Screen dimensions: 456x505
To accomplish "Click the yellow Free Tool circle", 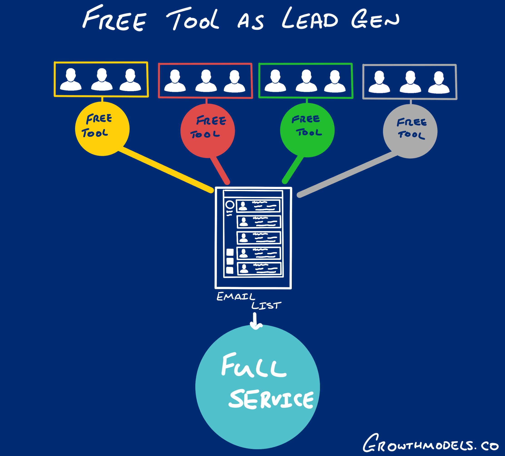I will pyautogui.click(x=102, y=129).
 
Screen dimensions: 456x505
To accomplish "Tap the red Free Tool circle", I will pyautogui.click(x=207, y=131).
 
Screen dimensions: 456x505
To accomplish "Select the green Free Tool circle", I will pyautogui.click(x=307, y=130).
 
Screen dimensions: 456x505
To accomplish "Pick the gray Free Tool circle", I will pyautogui.click(x=410, y=131).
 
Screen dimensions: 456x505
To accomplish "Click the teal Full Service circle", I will pyautogui.click(x=257, y=387).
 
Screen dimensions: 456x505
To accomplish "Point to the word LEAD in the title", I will pyautogui.click(x=310, y=19).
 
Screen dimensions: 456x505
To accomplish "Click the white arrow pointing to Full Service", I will pyautogui.click(x=255, y=322).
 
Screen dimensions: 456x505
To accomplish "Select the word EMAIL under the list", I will pyautogui.click(x=235, y=296).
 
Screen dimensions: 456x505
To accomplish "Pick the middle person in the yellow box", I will pyautogui.click(x=102, y=79).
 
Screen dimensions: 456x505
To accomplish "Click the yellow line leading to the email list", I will pyautogui.click(x=165, y=170).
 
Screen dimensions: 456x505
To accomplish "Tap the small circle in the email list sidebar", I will pyautogui.click(x=230, y=205).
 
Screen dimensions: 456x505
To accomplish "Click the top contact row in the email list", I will pyautogui.click(x=258, y=206).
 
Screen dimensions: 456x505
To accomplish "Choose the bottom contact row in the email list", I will pyautogui.click(x=259, y=269).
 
